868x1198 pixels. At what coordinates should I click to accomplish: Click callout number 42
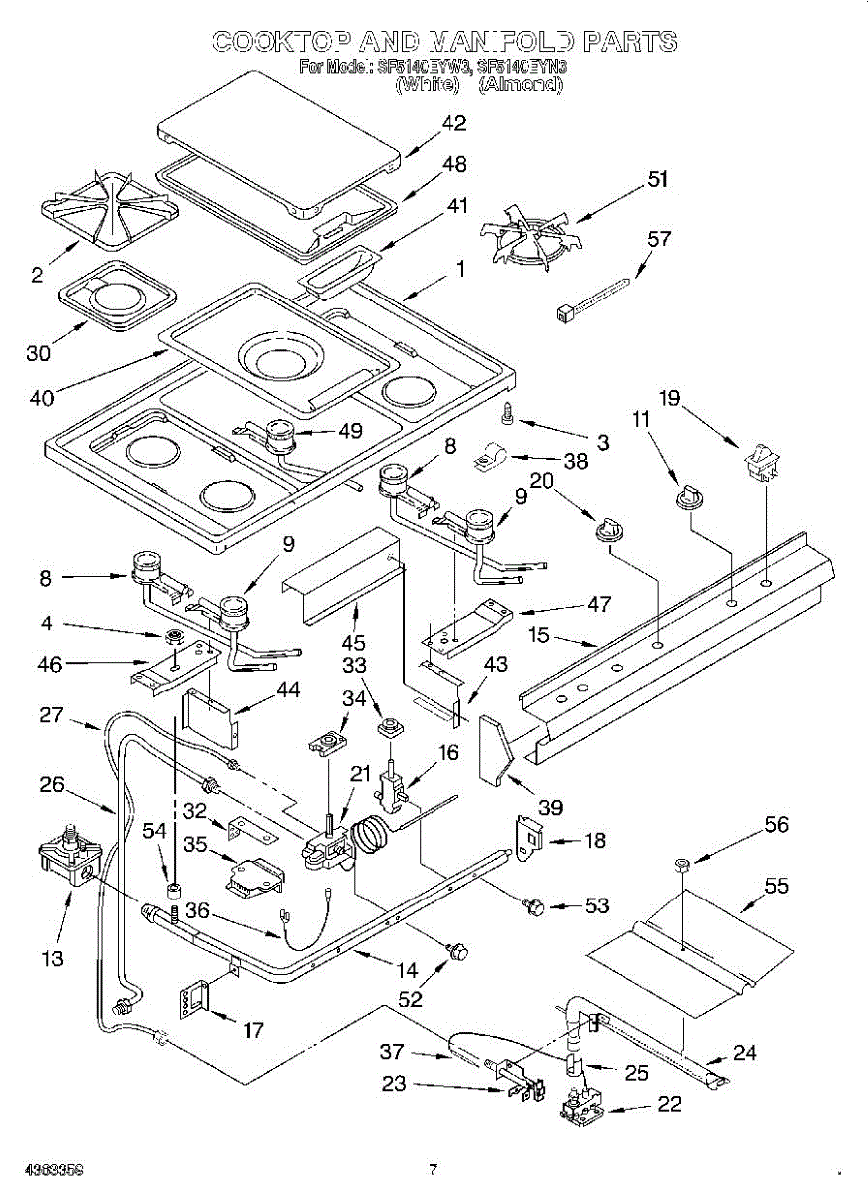[453, 124]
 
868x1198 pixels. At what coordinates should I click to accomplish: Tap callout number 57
[659, 239]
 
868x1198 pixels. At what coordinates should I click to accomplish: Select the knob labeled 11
[686, 495]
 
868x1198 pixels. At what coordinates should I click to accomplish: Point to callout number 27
[52, 715]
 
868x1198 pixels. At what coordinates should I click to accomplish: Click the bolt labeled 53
[534, 905]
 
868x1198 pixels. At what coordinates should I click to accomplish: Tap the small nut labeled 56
[682, 861]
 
